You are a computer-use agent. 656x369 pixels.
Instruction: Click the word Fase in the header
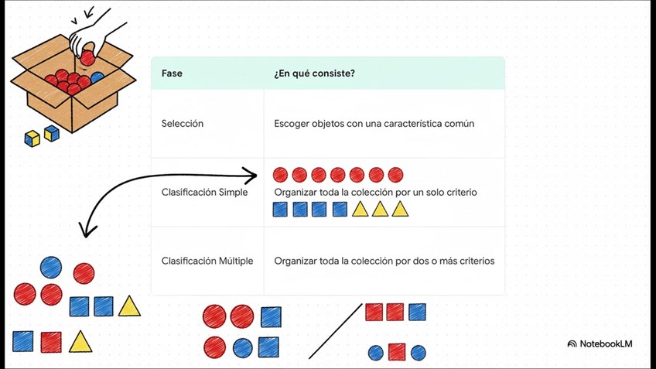(172, 73)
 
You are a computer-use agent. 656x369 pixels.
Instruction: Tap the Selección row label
(183, 124)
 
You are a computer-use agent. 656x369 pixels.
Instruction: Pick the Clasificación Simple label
(204, 192)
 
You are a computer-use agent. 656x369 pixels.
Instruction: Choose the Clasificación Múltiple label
(207, 261)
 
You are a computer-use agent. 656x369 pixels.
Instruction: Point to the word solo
(422, 192)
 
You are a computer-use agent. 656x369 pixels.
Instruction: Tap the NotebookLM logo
(600, 343)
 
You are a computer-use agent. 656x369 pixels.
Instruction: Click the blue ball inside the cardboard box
(97, 77)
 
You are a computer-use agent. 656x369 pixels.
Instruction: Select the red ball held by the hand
(88, 56)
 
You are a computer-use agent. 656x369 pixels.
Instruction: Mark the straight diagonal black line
(335, 331)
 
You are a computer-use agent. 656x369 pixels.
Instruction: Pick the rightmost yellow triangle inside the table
(399, 209)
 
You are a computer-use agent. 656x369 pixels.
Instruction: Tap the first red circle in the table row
(280, 175)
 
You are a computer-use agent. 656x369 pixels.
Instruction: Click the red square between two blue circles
(397, 352)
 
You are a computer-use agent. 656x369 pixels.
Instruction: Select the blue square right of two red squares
(417, 312)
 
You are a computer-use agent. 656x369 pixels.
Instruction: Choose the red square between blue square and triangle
(51, 341)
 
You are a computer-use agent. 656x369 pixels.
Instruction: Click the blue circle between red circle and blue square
(242, 347)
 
